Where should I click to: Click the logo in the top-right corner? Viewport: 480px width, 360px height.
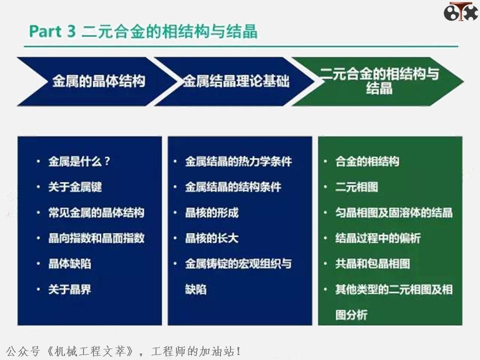(460, 11)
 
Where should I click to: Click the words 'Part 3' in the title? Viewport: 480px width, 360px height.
(52, 31)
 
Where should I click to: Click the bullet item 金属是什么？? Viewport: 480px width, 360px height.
(79, 161)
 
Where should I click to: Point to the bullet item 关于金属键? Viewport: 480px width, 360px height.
(75, 187)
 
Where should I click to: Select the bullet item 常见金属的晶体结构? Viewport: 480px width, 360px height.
(96, 212)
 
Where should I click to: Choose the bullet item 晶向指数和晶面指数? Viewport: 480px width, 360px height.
(96, 238)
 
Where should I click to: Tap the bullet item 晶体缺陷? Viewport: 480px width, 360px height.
(69, 263)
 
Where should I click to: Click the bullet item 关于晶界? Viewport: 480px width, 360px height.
(69, 289)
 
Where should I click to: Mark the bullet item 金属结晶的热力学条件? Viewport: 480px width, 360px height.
(238, 161)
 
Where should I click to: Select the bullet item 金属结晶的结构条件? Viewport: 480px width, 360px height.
(233, 187)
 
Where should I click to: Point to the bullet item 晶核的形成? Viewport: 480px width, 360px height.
(211, 212)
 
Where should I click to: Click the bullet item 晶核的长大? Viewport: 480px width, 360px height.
(211, 238)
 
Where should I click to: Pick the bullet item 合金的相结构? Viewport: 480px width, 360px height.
(367, 161)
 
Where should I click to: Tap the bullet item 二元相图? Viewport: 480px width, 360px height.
(356, 187)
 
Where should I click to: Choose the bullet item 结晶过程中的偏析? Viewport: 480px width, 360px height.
(377, 238)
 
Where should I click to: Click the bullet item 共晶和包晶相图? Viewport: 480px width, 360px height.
(372, 263)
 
